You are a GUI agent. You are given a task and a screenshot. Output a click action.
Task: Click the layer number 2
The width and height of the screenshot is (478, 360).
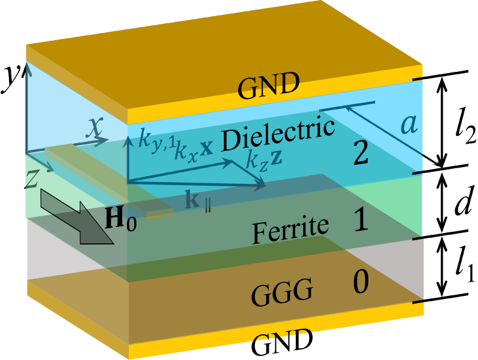click(x=361, y=154)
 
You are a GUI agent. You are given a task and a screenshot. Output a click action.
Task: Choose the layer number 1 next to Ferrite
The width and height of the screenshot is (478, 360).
click(x=361, y=221)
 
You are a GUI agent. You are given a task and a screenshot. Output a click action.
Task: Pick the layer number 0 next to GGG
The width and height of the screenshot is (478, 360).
click(x=360, y=283)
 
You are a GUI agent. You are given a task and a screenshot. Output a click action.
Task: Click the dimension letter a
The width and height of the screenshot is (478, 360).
click(x=409, y=125)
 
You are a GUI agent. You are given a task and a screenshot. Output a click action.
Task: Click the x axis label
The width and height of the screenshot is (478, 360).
click(x=95, y=127)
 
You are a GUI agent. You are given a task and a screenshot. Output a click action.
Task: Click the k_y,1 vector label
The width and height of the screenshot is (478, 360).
click(x=153, y=140)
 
